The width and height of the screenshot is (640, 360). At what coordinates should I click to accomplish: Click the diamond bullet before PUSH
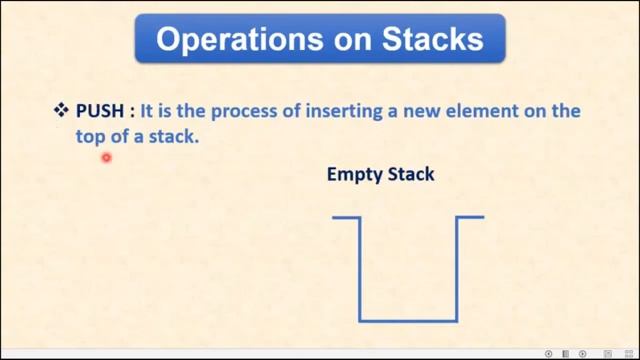tap(60, 111)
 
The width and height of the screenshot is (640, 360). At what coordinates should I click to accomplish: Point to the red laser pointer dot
tap(105, 157)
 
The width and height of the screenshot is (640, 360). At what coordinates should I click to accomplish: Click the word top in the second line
tap(92, 138)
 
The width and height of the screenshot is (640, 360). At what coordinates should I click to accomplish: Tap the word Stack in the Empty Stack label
tap(411, 174)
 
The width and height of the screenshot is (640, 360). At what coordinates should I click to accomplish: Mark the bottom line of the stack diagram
tap(408, 320)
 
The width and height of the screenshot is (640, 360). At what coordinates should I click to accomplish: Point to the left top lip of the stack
tap(346, 217)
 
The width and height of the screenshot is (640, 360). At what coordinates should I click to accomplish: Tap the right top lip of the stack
tap(471, 217)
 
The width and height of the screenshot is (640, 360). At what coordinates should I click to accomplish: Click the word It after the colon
tap(147, 112)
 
